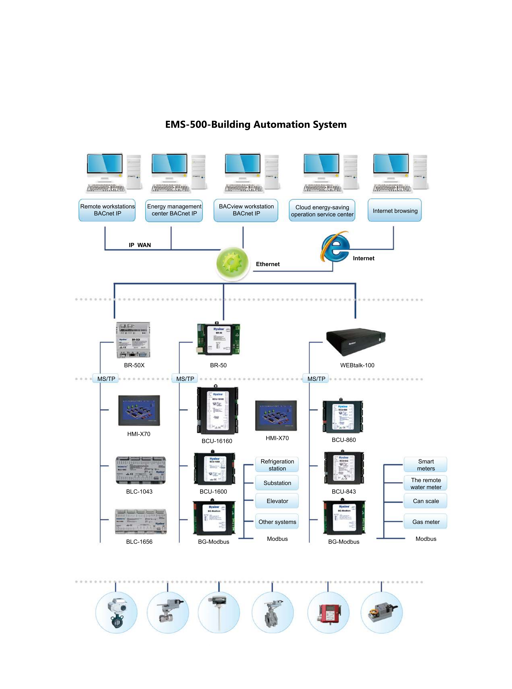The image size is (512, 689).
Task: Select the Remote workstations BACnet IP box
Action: point(107,210)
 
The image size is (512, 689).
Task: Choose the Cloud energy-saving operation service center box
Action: point(322,211)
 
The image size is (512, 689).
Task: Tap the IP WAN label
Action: point(140,245)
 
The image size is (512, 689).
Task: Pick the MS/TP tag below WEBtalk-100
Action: point(316,379)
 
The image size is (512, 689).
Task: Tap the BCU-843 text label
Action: point(344,491)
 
